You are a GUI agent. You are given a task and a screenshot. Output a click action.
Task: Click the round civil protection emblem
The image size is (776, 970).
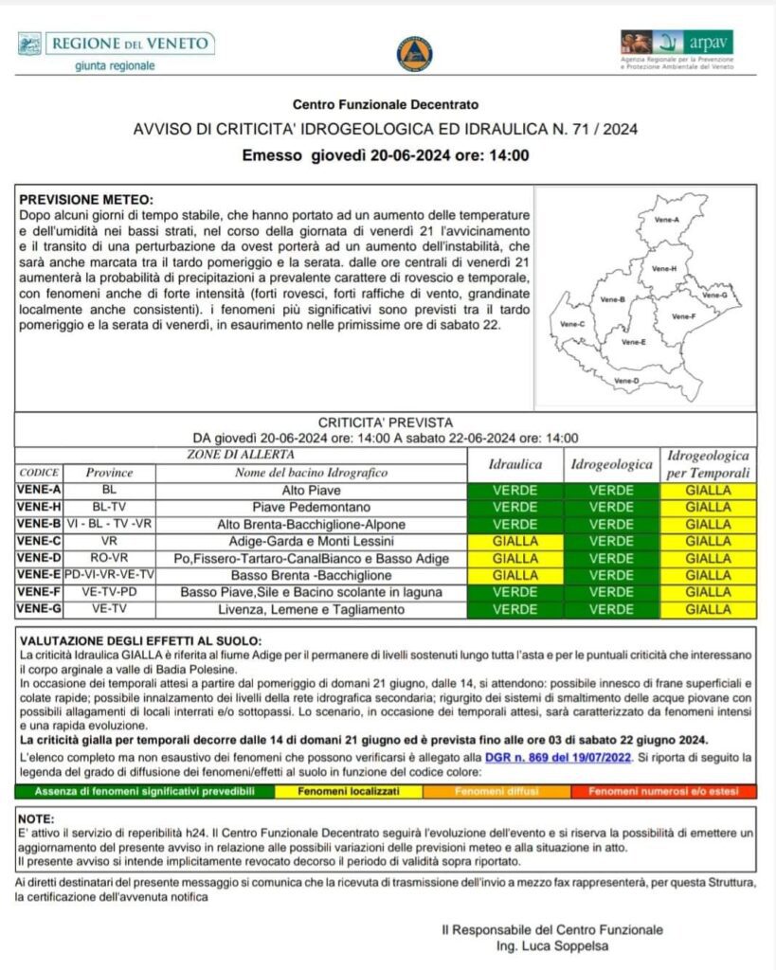[414, 53]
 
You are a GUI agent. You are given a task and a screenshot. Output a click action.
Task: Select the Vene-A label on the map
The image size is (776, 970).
[667, 220]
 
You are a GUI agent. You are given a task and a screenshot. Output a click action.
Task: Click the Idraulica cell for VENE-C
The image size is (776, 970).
[514, 541]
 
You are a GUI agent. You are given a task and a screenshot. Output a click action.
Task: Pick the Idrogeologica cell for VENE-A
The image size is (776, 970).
[612, 491]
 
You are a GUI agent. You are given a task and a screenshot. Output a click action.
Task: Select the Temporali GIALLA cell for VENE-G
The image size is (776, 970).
[708, 609]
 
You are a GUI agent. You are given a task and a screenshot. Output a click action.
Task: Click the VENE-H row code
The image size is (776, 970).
[39, 508]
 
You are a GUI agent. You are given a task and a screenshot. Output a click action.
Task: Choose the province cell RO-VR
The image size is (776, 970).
[109, 558]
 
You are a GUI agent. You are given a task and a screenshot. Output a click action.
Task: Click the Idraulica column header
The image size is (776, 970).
[514, 465]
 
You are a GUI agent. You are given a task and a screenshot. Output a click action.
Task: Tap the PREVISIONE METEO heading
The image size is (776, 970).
[86, 200]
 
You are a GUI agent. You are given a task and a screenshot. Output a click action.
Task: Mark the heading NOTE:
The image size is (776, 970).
[37, 817]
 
